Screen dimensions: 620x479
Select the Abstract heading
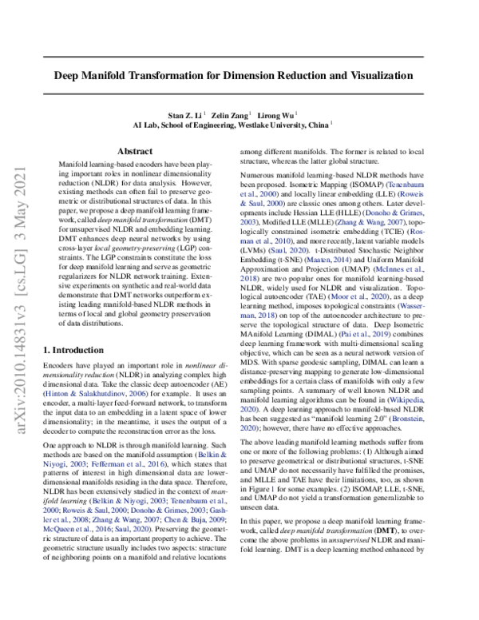[134, 151]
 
